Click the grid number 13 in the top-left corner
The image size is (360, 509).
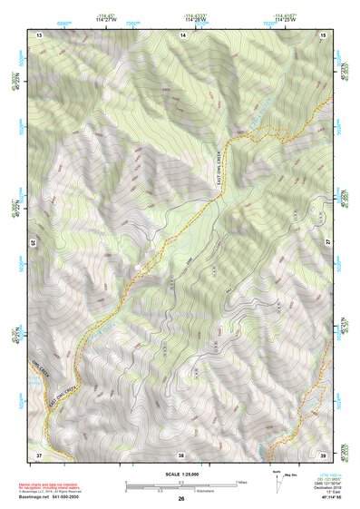pyautogui.click(x=39, y=34)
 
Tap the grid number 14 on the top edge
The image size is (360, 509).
pyautogui.click(x=182, y=34)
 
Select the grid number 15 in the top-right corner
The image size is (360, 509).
pyautogui.click(x=325, y=34)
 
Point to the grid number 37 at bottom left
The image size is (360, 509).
pyautogui.click(x=39, y=454)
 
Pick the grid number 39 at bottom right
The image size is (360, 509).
pyautogui.click(x=325, y=454)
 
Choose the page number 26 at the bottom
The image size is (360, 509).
pyautogui.click(x=181, y=499)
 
